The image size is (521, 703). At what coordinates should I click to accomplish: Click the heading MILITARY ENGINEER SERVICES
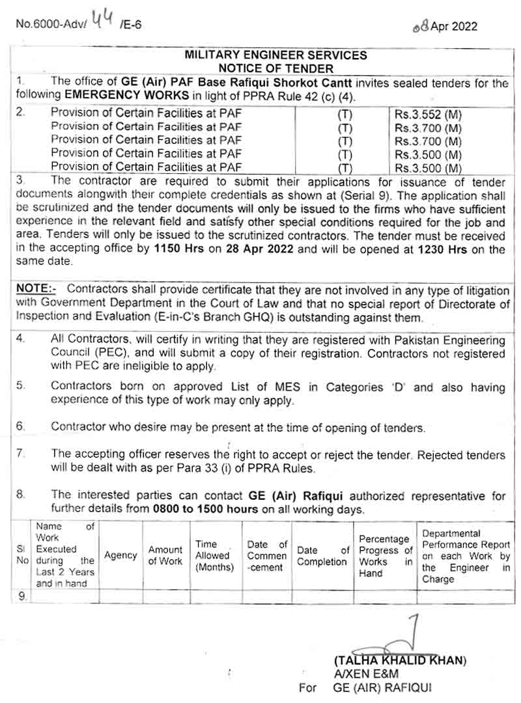tap(276, 56)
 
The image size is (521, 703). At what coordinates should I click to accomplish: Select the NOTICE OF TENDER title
tap(276, 68)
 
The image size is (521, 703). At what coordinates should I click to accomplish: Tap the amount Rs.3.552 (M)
tap(428, 114)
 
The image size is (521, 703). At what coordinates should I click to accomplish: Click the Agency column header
tap(121, 555)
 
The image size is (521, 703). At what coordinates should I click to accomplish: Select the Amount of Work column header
tap(165, 555)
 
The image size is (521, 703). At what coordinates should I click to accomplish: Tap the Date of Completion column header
tap(322, 556)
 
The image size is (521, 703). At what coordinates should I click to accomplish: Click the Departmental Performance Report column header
tap(466, 555)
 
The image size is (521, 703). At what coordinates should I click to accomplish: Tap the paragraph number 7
tap(20, 453)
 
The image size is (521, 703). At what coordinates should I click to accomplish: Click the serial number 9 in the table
tap(23, 595)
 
